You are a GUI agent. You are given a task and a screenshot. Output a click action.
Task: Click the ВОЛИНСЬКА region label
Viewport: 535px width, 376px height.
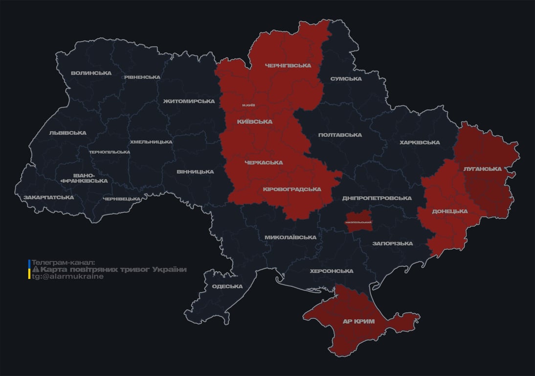click(91, 73)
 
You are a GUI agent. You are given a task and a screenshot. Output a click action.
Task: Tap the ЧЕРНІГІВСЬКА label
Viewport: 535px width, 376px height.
click(288, 66)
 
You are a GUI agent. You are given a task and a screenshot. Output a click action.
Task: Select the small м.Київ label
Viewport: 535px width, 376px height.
click(248, 105)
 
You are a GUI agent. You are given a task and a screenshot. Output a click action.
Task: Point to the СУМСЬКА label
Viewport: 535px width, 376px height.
click(346, 79)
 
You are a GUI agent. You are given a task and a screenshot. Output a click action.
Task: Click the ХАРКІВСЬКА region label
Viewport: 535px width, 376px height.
click(420, 142)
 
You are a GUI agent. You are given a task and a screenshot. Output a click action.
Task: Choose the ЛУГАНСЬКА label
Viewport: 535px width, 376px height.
click(483, 169)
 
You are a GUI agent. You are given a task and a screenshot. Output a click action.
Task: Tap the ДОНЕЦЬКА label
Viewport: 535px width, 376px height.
click(449, 211)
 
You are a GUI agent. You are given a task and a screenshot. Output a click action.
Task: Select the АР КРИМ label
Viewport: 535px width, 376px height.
click(358, 322)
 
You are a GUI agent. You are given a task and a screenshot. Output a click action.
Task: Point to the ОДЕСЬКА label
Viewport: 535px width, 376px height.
click(227, 286)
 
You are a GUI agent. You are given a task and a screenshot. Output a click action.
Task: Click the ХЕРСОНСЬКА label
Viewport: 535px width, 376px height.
click(332, 271)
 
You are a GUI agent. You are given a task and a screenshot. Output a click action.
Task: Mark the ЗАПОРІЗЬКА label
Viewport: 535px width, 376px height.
click(392, 243)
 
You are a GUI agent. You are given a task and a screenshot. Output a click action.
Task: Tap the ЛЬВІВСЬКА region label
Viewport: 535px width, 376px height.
click(67, 133)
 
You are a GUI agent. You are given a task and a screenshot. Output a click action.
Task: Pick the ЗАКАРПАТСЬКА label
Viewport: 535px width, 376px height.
click(48, 198)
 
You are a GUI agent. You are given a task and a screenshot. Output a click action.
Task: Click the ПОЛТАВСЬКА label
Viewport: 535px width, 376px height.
click(340, 135)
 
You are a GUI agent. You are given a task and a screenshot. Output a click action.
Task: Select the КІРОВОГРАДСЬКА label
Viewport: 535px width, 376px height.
click(292, 189)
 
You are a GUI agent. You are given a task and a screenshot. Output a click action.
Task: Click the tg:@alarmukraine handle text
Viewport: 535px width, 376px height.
click(67, 277)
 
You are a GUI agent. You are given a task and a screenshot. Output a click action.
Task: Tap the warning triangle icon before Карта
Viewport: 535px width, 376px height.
click(35, 270)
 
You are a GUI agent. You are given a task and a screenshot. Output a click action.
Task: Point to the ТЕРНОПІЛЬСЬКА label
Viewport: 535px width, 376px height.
click(110, 152)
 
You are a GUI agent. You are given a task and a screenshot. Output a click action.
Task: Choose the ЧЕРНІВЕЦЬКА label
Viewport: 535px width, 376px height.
click(122, 199)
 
